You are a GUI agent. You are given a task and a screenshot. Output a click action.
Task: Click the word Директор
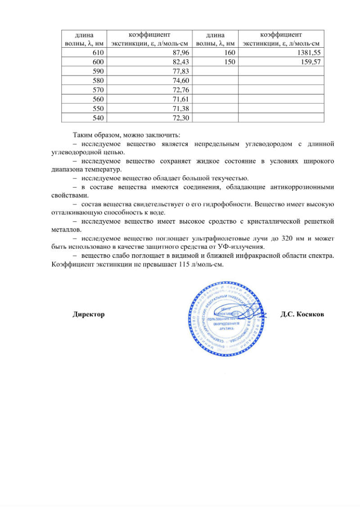(x=89, y=314)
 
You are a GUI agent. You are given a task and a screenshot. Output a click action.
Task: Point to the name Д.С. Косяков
(x=302, y=314)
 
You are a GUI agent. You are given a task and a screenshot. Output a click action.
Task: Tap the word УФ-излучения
(x=245, y=247)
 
